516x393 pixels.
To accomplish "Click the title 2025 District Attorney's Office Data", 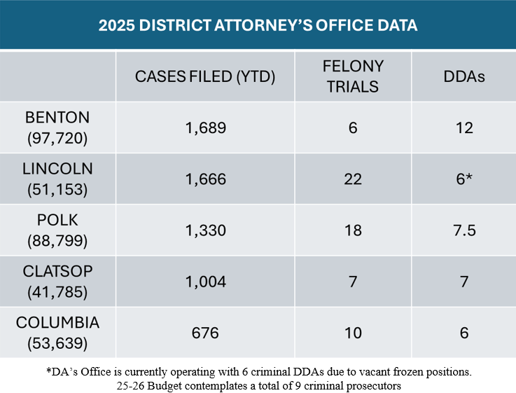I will pyautogui.click(x=258, y=26).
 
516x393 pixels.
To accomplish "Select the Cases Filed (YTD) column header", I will pyautogui.click(x=205, y=76).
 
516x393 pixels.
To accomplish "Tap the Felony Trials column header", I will pyautogui.click(x=353, y=76).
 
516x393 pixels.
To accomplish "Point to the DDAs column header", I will pyautogui.click(x=464, y=76).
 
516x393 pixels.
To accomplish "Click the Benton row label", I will pyautogui.click(x=57, y=127).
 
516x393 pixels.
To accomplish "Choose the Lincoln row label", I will pyautogui.click(x=57, y=179).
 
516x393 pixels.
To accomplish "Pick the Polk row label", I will pyautogui.click(x=57, y=230).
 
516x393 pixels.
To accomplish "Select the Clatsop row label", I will pyautogui.click(x=57, y=281).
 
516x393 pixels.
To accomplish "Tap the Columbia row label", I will pyautogui.click(x=57, y=332).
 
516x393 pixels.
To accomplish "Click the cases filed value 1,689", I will pyautogui.click(x=206, y=127).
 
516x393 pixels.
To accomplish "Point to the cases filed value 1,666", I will pyautogui.click(x=206, y=179).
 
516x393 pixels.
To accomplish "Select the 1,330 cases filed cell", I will pyautogui.click(x=206, y=230).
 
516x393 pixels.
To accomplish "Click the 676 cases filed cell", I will pyautogui.click(x=206, y=332).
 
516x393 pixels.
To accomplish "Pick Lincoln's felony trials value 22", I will pyautogui.click(x=353, y=179).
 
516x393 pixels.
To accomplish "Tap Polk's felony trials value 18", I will pyautogui.click(x=353, y=230).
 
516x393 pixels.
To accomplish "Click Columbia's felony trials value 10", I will pyautogui.click(x=353, y=332).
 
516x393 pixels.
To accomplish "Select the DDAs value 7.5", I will pyautogui.click(x=464, y=230).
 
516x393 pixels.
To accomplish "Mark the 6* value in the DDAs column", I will pyautogui.click(x=464, y=179).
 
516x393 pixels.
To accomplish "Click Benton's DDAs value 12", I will pyautogui.click(x=464, y=127).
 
